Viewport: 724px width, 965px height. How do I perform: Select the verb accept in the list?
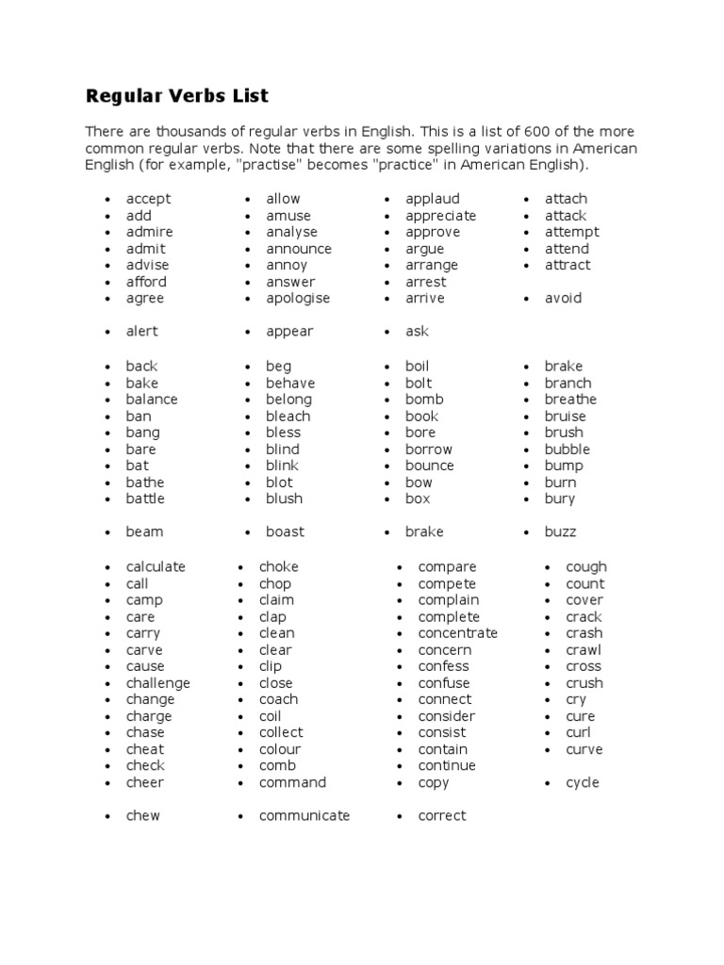tap(148, 199)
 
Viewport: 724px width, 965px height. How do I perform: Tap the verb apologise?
tap(298, 299)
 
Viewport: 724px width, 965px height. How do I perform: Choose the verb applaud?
tap(433, 199)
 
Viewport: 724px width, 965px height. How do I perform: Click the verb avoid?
tap(563, 299)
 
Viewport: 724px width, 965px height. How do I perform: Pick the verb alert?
tap(142, 332)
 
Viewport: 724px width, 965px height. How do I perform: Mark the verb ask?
tap(417, 332)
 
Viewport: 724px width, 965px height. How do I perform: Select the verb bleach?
tap(288, 417)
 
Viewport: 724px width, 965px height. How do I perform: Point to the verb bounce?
tap(429, 466)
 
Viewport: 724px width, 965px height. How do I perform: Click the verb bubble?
tap(567, 450)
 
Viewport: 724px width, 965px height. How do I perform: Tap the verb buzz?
tap(560, 532)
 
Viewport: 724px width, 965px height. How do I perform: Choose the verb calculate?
tap(156, 567)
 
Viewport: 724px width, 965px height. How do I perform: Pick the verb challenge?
tap(157, 683)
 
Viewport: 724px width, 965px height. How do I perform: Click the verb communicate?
tap(304, 816)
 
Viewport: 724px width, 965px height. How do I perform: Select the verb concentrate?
tap(457, 633)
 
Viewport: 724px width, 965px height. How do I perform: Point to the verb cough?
tap(585, 567)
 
